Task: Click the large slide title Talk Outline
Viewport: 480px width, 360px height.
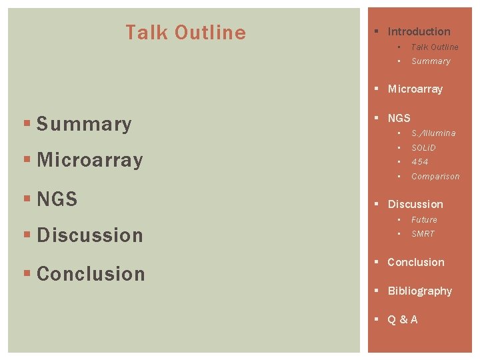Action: coord(185,33)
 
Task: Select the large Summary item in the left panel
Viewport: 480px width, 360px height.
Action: coord(84,124)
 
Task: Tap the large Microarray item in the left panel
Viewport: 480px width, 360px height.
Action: coord(90,160)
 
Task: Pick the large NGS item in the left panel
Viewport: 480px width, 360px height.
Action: coord(57,199)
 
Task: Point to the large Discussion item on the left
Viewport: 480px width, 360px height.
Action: coord(90,235)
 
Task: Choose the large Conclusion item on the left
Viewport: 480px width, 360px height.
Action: coord(91,274)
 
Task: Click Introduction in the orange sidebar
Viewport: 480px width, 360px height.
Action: coord(419,31)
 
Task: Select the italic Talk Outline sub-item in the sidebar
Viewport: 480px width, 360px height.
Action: coord(435,47)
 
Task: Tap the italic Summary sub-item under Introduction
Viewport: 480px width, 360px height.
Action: coord(431,61)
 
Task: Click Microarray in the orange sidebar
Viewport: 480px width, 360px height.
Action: coord(415,89)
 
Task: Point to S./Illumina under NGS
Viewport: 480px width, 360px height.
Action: coord(433,133)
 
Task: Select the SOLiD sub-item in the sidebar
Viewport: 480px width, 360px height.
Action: coord(423,147)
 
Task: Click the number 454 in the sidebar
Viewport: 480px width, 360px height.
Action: coord(419,162)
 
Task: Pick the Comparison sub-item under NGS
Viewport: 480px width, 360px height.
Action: coord(435,177)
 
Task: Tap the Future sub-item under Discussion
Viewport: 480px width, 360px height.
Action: coord(424,220)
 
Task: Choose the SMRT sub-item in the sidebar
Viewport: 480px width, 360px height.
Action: coord(423,234)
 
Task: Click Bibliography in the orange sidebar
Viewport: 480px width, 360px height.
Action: coord(419,291)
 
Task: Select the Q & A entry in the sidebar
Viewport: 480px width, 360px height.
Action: coord(403,319)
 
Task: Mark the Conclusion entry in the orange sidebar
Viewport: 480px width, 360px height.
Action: coord(415,262)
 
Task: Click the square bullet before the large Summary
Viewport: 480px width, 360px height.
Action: coord(27,125)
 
